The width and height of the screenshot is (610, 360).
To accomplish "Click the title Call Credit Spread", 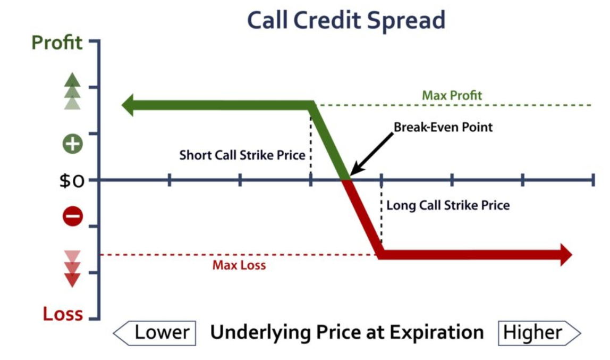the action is coord(346,20).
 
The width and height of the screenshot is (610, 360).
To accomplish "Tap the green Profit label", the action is coord(57,43).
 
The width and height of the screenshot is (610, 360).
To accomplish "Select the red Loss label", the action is coord(63,314).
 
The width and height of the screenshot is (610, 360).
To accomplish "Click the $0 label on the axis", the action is coord(72,181).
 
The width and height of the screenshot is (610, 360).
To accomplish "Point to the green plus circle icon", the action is coord(73,144).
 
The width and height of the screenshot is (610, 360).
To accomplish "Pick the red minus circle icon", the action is coord(73,216).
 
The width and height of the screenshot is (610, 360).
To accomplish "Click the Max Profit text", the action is coord(452,95).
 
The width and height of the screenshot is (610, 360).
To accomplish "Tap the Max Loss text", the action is coord(239,265).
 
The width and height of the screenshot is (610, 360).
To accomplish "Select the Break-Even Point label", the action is coord(443,127).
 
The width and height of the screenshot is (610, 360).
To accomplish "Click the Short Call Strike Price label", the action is coord(242,155).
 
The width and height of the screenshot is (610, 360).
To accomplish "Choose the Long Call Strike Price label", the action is coord(448,205).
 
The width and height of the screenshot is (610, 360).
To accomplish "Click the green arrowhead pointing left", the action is coord(128,105).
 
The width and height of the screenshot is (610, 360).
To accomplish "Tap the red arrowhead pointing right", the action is coord(566,255).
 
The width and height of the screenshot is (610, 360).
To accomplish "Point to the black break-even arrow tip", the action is coord(351,175).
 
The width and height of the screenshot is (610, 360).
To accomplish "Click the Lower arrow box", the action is coord(155,333).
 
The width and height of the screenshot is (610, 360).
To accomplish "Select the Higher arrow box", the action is coord(539,333).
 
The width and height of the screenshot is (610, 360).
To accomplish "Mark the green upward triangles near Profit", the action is coord(72,91).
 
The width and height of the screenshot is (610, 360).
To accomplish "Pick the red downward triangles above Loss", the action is coord(72,269).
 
